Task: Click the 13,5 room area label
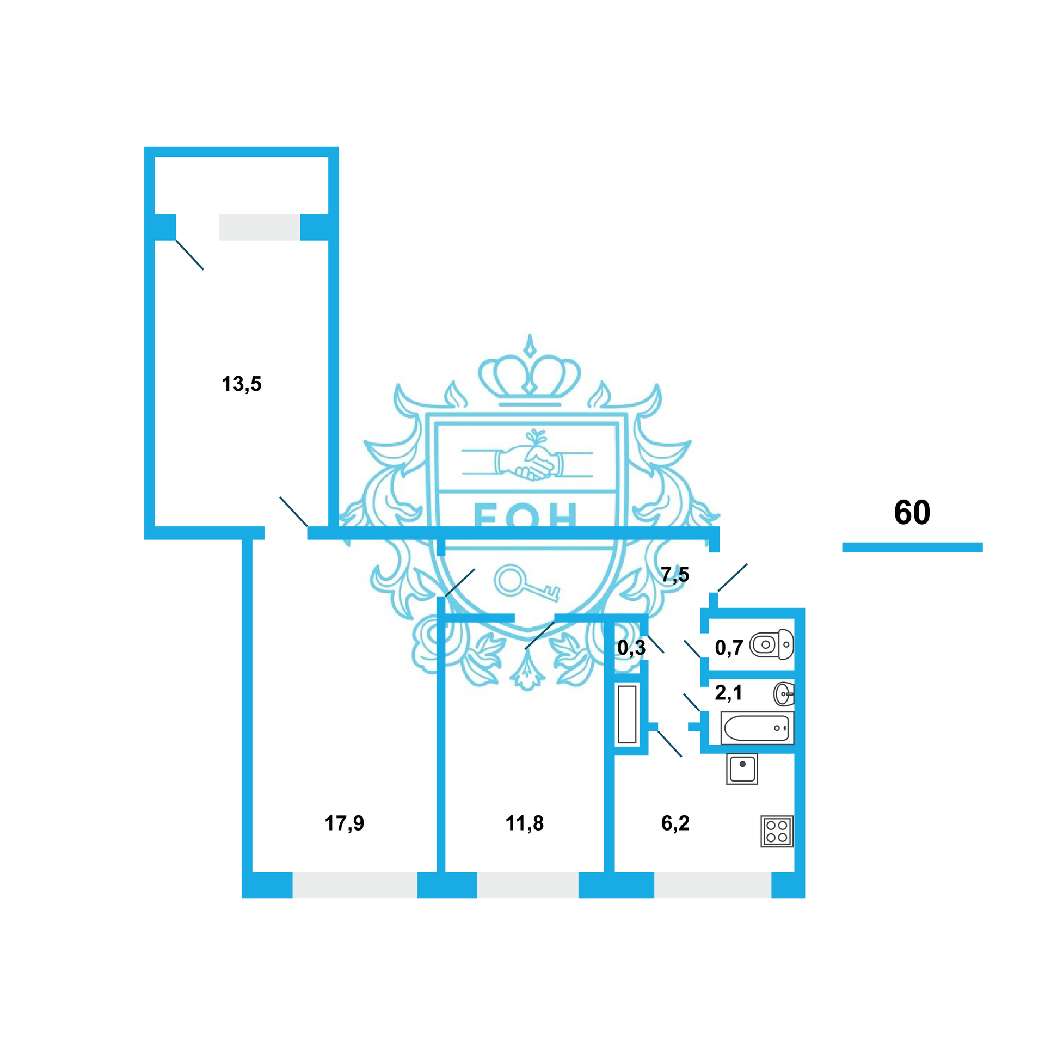(241, 384)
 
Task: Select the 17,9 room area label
(344, 823)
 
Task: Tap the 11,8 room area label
(524, 823)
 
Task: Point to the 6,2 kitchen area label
(675, 823)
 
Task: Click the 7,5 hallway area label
(675, 574)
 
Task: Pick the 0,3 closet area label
(631, 648)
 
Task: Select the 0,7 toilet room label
(729, 648)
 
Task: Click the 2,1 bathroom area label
(728, 693)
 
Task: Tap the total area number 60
(912, 512)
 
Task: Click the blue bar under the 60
(912, 547)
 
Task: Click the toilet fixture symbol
(772, 644)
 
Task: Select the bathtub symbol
(757, 728)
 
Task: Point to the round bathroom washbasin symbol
(784, 694)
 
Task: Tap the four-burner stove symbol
(777, 831)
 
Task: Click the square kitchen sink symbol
(742, 769)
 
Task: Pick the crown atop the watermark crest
(529, 376)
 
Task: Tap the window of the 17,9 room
(355, 885)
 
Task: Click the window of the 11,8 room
(527, 885)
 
